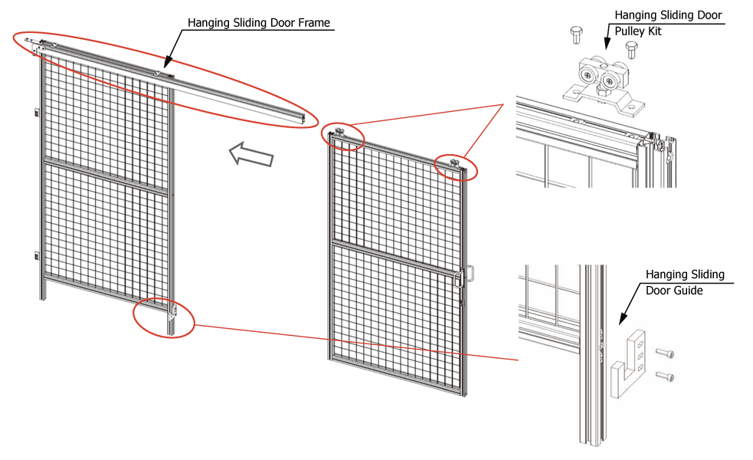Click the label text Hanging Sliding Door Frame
tap(259, 23)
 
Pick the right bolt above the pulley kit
tap(631, 50)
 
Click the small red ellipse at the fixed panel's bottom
tap(163, 317)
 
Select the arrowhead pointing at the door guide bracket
tap(624, 317)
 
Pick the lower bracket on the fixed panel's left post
tap(36, 255)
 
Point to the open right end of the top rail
tap(309, 119)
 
